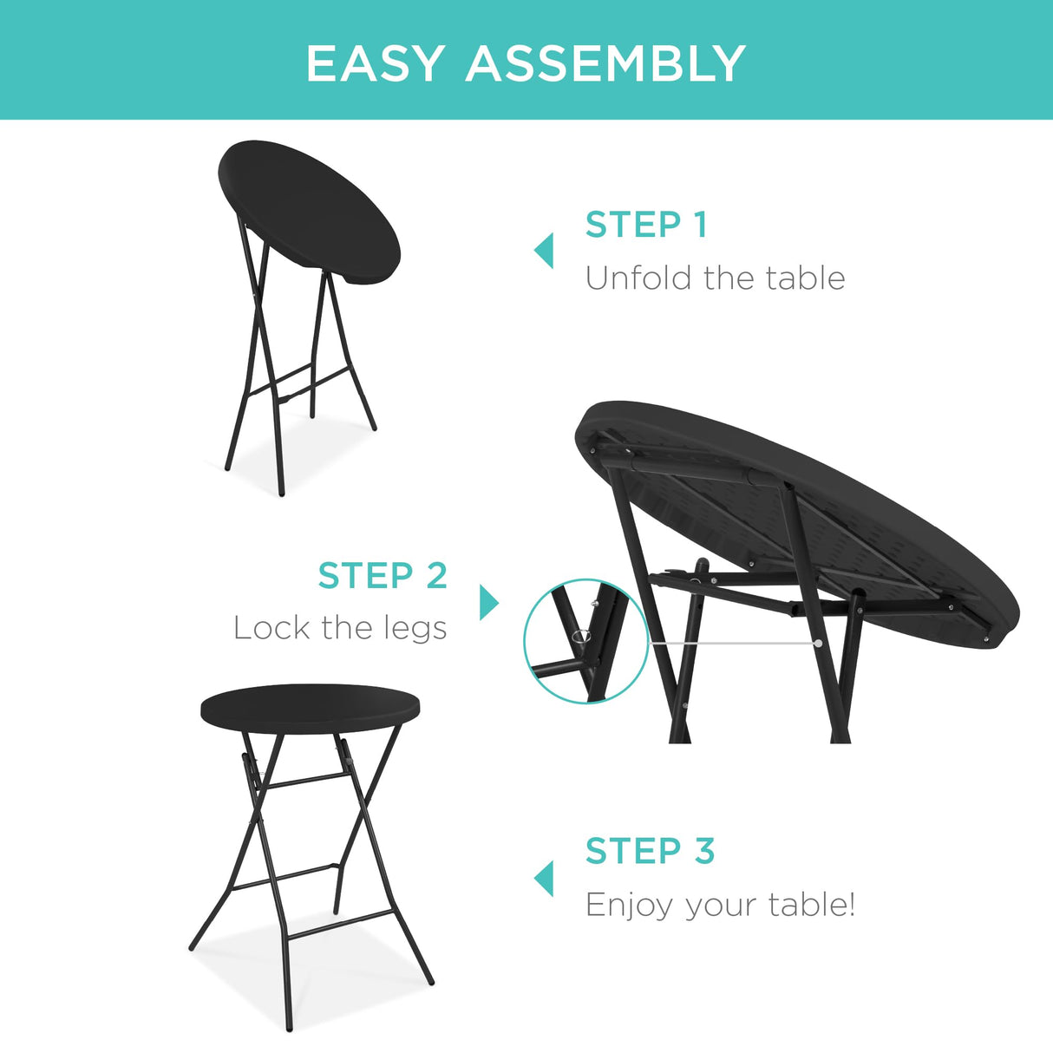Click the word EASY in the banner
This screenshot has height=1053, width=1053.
coord(376,63)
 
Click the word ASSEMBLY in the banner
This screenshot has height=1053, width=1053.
coord(605,63)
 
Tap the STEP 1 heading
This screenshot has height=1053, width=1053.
coord(646,225)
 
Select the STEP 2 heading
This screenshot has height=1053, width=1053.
coord(383,576)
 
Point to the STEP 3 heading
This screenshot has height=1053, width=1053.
coord(650,851)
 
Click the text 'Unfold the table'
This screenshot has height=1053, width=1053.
coord(715,278)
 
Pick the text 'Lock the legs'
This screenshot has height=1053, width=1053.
coord(340,628)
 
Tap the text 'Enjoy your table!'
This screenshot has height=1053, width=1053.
coord(720,905)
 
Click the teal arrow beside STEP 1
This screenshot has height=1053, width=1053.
coord(544,251)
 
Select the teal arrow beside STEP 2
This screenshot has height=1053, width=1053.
coord(489,602)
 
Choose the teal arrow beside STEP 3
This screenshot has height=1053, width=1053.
coord(544,878)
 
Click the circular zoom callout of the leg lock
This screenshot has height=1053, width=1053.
coord(586,641)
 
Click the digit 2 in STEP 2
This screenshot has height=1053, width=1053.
coord(436,576)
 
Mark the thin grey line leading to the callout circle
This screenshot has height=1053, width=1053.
coord(733,643)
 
